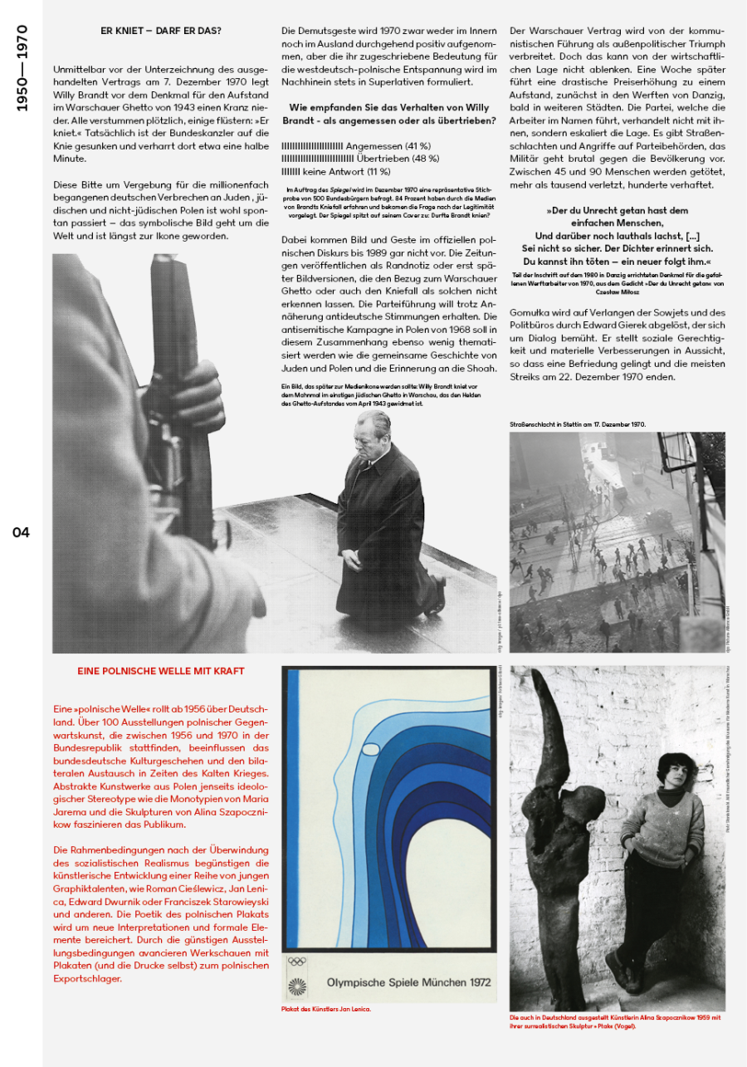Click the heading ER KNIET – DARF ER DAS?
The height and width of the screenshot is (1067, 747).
(x=161, y=32)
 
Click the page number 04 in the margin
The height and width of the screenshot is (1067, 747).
(x=21, y=532)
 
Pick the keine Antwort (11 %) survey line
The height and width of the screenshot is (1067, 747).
(x=335, y=171)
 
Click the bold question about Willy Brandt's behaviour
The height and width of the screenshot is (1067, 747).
(x=389, y=114)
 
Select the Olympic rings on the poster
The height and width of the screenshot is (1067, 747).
(x=296, y=962)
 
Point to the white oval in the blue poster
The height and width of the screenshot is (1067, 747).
(x=371, y=751)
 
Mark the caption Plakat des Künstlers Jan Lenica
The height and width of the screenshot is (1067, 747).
(x=326, y=1009)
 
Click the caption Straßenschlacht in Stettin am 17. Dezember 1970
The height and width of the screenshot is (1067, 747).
(x=578, y=424)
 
